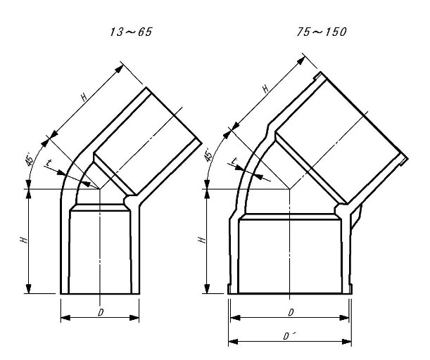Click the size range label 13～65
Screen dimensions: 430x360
pyautogui.click(x=131, y=32)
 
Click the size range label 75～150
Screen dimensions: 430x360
pyautogui.click(x=322, y=32)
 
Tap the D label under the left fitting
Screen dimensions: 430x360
pyautogui.click(x=101, y=312)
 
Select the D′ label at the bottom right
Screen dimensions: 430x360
pyautogui.click(x=288, y=336)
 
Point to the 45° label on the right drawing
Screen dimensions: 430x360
pyautogui.click(x=208, y=154)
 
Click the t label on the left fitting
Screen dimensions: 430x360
pyautogui.click(x=49, y=162)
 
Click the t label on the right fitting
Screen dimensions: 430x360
pyautogui.click(x=234, y=161)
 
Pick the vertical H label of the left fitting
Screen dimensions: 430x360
pyautogui.click(x=24, y=240)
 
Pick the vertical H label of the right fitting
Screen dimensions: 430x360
pyautogui.click(x=202, y=240)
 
